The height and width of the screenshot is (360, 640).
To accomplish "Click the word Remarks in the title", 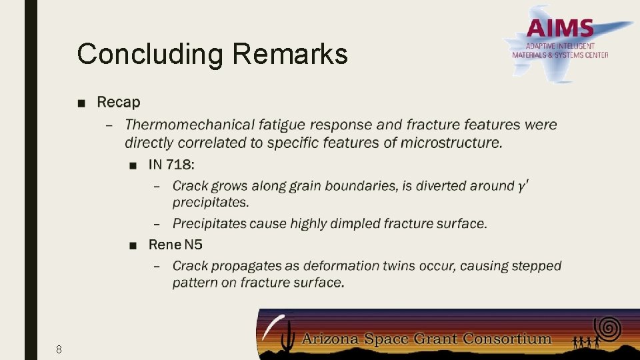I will point(290,54).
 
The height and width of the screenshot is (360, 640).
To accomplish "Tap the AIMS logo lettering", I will point(560,29).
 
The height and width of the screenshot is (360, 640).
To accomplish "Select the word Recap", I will point(119,102).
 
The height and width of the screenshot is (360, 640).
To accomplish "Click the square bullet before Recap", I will point(81,103).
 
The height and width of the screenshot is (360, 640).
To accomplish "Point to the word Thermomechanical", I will point(190,125).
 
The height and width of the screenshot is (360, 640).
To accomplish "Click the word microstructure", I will point(459,143).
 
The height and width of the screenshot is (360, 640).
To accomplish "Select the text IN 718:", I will point(171,164).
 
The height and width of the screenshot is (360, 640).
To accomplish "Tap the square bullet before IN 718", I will point(134,165).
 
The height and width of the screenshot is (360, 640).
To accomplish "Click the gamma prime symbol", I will point(524,185).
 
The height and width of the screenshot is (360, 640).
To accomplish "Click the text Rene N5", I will point(175,245).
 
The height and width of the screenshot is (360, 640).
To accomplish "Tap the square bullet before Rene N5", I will point(134,245).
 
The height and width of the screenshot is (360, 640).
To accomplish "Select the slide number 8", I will point(59,349).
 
